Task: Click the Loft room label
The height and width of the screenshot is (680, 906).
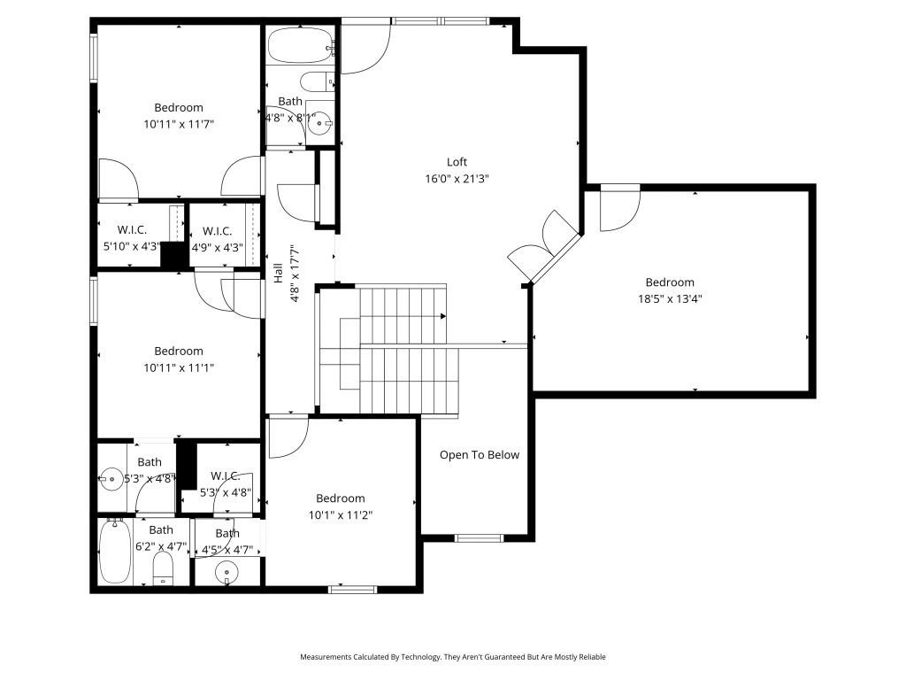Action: tap(457, 162)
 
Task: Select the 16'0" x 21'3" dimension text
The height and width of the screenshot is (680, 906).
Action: tap(457, 178)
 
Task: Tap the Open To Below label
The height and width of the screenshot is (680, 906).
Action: tap(480, 455)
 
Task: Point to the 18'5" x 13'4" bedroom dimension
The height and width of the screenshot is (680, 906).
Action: tap(669, 299)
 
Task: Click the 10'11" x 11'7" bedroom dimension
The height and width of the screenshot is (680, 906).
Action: tap(179, 124)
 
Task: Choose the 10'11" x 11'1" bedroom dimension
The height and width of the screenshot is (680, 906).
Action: tap(179, 367)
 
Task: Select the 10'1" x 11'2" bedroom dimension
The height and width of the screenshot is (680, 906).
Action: tap(341, 514)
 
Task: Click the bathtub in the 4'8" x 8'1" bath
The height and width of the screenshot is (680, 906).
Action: tap(300, 45)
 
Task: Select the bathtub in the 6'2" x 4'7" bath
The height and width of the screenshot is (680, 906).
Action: tap(115, 552)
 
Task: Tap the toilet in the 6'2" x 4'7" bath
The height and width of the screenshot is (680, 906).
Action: tap(164, 567)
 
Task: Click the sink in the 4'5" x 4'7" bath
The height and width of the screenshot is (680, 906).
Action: tap(227, 573)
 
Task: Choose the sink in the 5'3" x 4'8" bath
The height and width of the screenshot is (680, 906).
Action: tap(111, 479)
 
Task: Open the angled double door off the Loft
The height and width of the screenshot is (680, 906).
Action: tap(543, 247)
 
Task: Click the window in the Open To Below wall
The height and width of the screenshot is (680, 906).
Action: tap(479, 537)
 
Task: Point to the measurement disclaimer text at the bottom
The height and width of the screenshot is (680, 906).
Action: tap(453, 657)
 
